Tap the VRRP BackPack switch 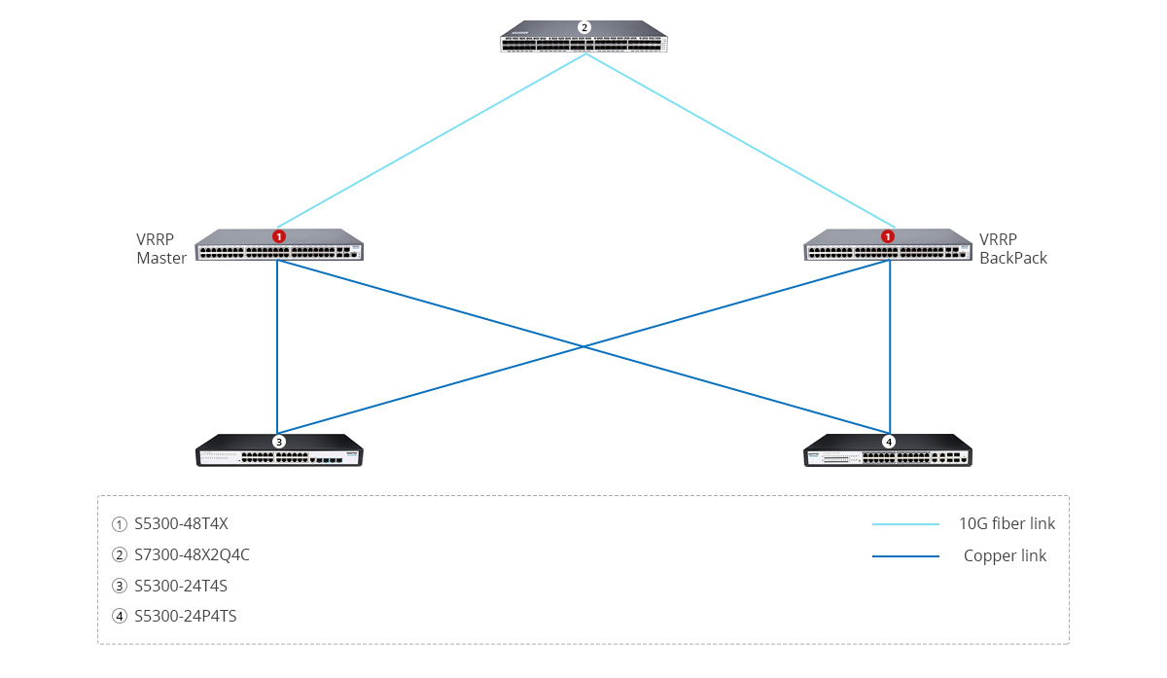click(888, 247)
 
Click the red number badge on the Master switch click(279, 236)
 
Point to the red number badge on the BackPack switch click(888, 236)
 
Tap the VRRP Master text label click(161, 249)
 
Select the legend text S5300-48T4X click(181, 524)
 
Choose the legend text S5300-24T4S click(181, 586)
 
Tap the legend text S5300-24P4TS click(186, 616)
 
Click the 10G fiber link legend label click(1007, 524)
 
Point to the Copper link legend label click(1005, 556)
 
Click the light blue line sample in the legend click(905, 525)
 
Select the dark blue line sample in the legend click(905, 556)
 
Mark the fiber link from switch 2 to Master click(432, 140)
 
